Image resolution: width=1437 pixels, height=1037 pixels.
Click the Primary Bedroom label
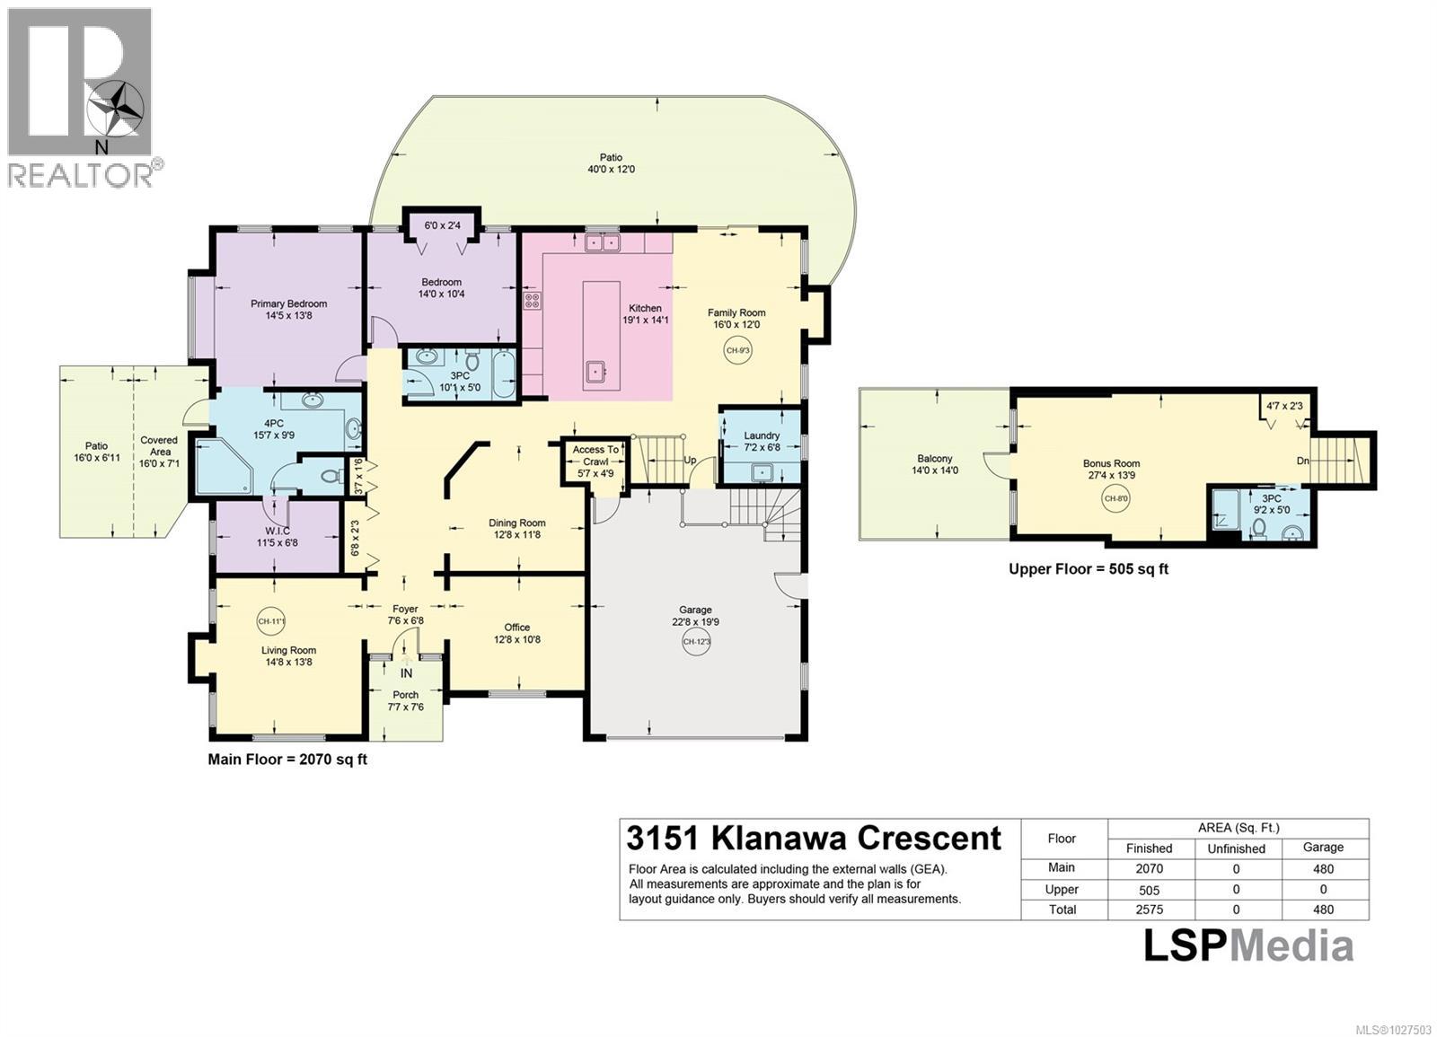click(288, 310)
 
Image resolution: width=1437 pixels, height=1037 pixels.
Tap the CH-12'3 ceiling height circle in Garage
click(696, 641)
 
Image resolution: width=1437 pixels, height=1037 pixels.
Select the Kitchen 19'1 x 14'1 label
click(645, 313)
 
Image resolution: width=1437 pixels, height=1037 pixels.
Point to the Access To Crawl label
click(595, 455)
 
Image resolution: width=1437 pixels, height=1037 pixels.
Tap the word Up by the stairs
click(691, 460)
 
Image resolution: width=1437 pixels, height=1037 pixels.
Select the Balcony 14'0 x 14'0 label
click(935, 464)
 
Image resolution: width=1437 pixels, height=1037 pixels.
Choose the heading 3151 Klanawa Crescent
click(813, 838)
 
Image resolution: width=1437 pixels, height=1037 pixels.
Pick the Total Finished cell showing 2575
click(1149, 910)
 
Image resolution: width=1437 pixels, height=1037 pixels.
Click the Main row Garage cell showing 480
click(1322, 868)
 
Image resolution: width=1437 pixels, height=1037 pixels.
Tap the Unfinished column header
click(1236, 848)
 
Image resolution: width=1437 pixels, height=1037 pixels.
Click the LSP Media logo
click(1247, 945)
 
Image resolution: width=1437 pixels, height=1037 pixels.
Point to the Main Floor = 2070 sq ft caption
click(287, 759)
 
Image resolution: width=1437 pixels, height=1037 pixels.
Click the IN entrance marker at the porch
click(406, 672)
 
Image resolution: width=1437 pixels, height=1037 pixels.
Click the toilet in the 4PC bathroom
click(331, 476)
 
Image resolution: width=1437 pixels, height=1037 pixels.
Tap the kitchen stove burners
click(532, 301)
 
